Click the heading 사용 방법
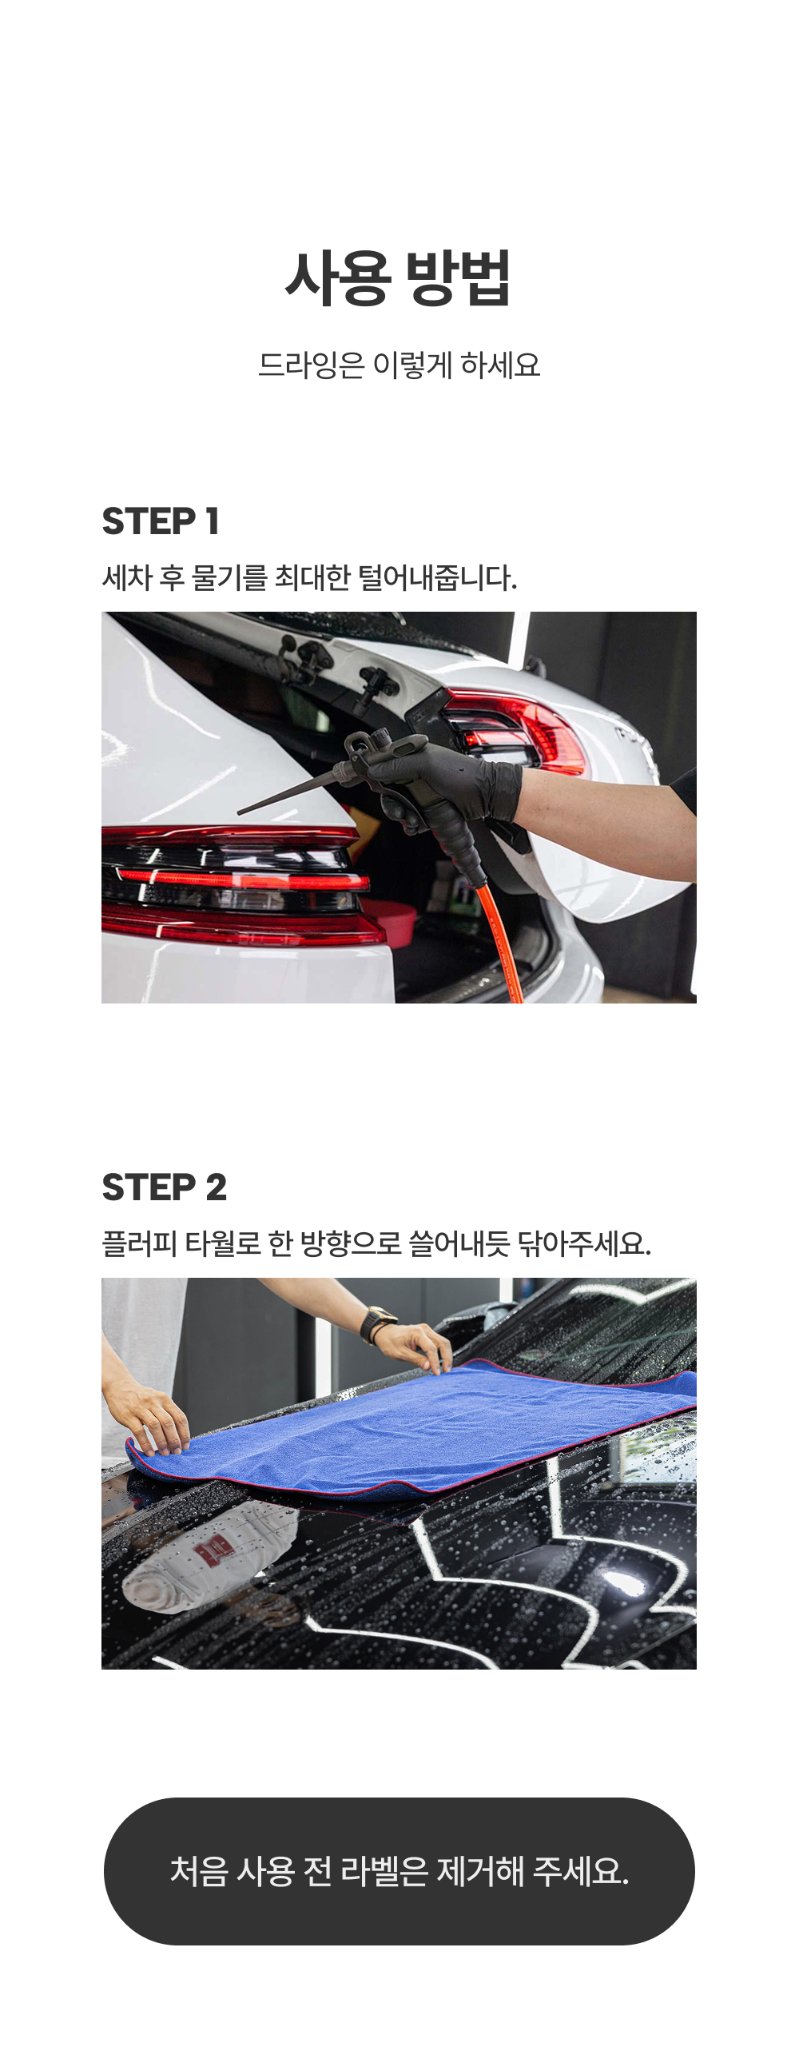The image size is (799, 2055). tap(398, 277)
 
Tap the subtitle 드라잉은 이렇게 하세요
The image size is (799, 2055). tap(399, 365)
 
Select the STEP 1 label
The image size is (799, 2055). tap(161, 521)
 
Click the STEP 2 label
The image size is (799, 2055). tap(165, 1187)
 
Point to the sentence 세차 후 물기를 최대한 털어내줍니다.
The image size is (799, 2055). tap(310, 577)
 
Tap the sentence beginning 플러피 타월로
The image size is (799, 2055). tap(377, 1243)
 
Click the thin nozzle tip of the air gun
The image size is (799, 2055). tap(240, 812)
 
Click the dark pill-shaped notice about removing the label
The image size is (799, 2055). tap(399, 1871)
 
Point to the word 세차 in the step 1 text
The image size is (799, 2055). tap(127, 577)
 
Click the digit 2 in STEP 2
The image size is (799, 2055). tap(217, 1187)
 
